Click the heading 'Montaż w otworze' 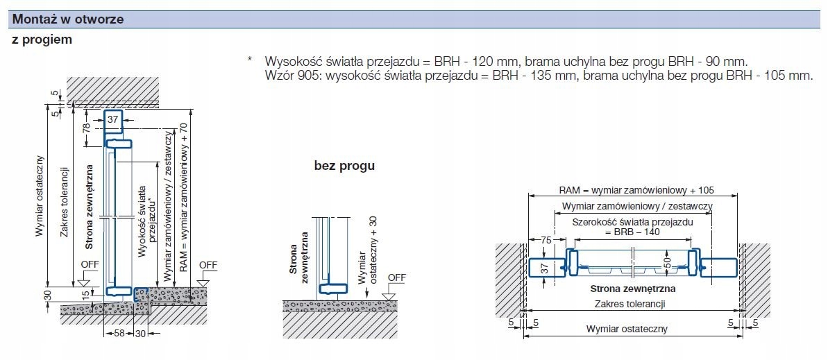(x=68, y=19)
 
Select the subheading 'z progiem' (x=42, y=40)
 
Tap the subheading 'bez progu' (x=344, y=166)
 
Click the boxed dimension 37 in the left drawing (x=114, y=120)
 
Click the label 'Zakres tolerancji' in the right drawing (x=630, y=304)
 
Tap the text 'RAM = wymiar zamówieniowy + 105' (x=636, y=189)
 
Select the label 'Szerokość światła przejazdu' (x=633, y=222)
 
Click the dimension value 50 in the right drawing (x=666, y=262)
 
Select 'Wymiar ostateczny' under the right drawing (x=627, y=329)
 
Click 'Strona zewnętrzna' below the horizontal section (x=633, y=289)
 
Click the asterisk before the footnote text (x=249, y=60)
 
